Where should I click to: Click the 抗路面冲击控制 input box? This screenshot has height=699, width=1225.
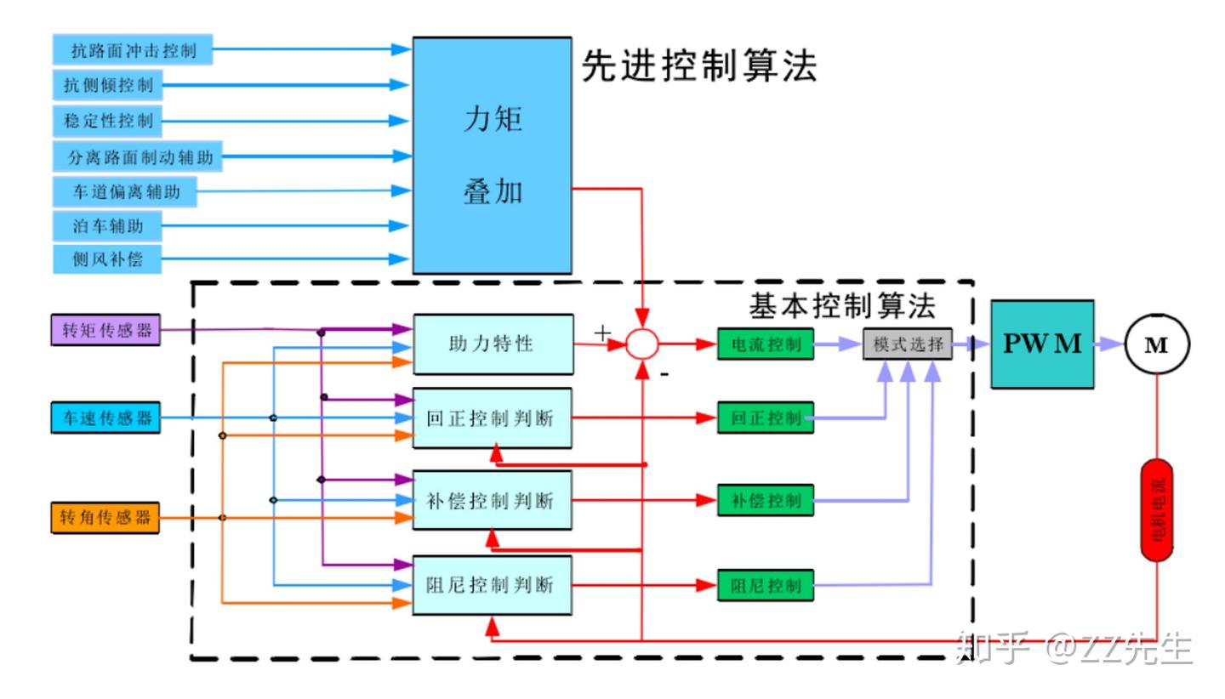click(132, 50)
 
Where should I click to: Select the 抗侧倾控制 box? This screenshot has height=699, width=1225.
click(107, 85)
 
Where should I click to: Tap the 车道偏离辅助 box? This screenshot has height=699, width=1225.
click(125, 191)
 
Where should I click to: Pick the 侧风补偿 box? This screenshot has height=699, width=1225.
click(107, 259)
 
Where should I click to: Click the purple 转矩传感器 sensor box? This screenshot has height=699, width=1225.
click(105, 330)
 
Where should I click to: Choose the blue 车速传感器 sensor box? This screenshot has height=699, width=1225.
click(105, 418)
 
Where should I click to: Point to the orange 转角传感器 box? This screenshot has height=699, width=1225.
click(105, 517)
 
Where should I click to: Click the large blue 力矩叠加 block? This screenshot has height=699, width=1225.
click(492, 156)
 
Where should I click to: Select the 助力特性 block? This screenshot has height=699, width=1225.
click(493, 344)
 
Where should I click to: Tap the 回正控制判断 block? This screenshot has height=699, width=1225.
click(492, 418)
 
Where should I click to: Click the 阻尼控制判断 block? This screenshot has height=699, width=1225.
click(492, 585)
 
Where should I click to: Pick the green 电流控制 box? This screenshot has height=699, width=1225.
click(766, 344)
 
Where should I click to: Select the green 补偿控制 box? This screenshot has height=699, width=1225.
click(766, 500)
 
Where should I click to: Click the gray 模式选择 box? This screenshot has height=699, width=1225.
click(908, 344)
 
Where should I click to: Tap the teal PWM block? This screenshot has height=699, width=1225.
click(1042, 344)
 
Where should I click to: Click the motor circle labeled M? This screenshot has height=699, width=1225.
click(1157, 344)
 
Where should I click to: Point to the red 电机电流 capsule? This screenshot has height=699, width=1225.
click(1157, 509)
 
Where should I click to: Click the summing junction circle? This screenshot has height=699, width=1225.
click(642, 344)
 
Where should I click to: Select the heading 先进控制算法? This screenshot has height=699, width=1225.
click(699, 66)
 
